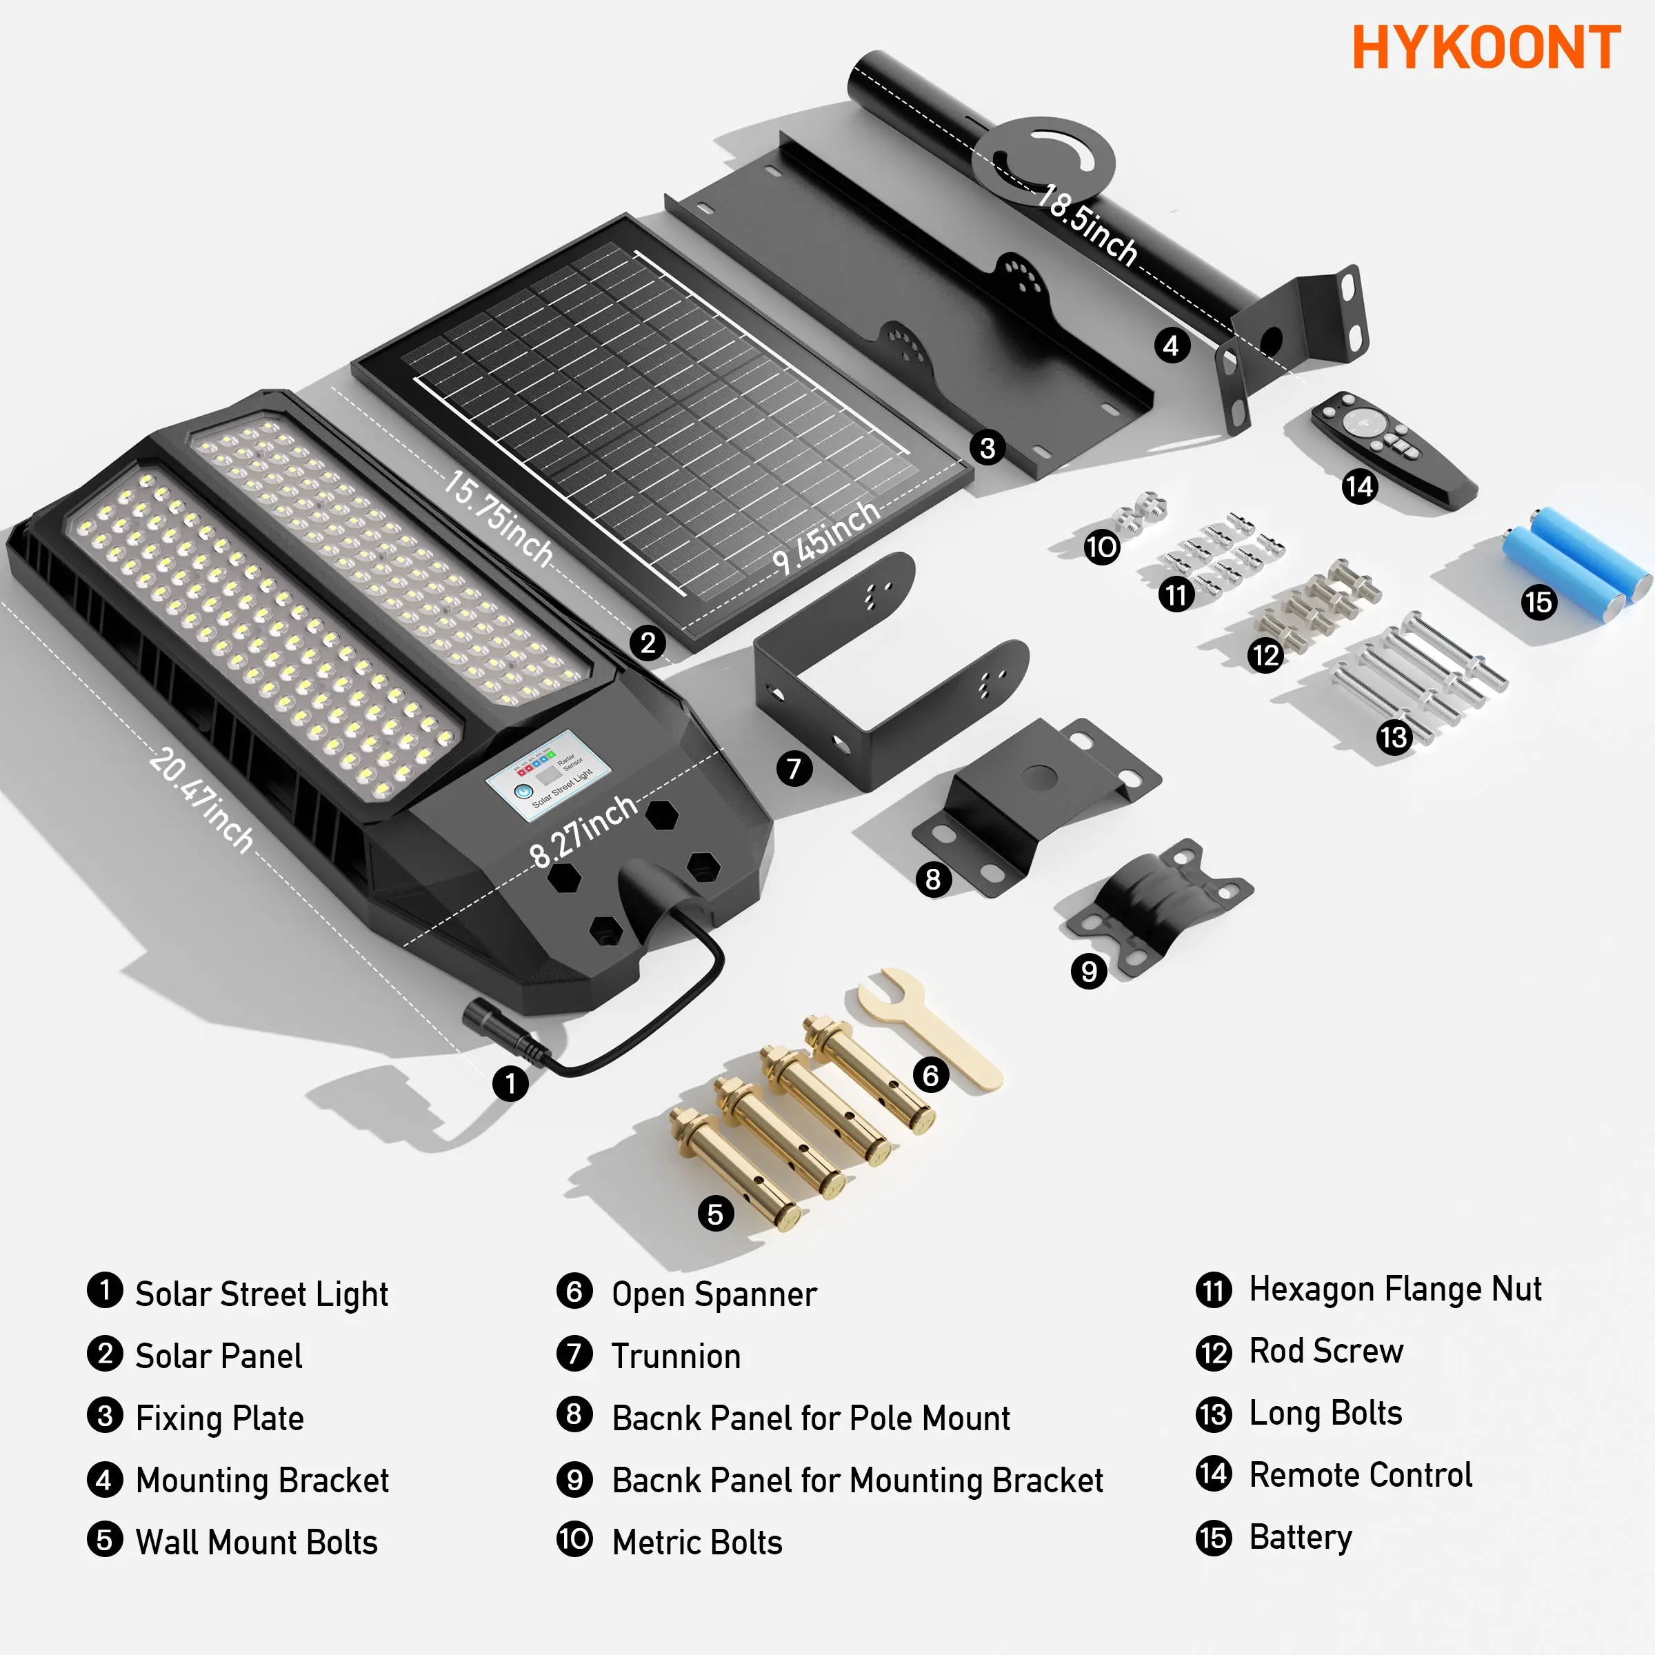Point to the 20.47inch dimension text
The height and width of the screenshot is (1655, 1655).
tap(202, 800)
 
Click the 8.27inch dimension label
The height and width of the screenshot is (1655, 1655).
tap(583, 829)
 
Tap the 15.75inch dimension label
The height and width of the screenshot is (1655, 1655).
tap(498, 517)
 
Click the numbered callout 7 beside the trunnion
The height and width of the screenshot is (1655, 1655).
tap(794, 768)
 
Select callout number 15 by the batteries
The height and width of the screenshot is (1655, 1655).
tap(1538, 602)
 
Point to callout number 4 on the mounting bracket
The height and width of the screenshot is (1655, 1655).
tap(1171, 345)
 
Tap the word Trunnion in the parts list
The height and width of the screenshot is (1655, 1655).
tap(676, 1356)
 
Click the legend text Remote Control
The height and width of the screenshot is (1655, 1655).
tap(1361, 1474)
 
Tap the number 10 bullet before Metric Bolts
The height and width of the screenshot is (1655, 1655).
tap(574, 1538)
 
